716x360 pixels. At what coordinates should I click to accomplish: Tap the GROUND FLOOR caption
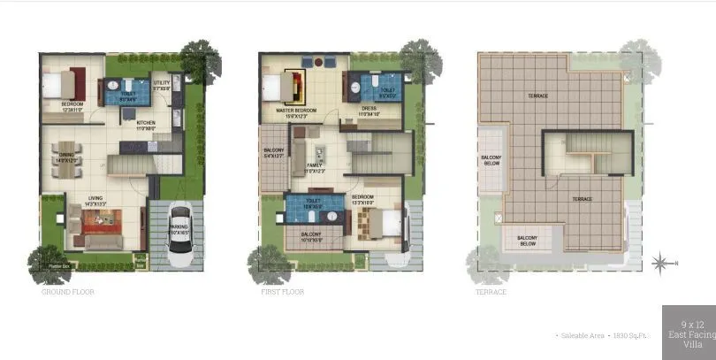(68, 291)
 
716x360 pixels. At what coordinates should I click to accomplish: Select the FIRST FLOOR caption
(282, 291)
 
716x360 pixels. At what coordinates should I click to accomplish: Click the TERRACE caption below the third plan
(492, 291)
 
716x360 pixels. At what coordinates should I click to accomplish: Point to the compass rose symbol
(660, 262)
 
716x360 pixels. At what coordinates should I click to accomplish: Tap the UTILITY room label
(161, 84)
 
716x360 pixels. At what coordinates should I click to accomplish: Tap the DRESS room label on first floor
(368, 110)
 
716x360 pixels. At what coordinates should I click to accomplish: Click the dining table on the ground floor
(64, 161)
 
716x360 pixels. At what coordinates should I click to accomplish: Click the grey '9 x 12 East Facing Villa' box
(689, 332)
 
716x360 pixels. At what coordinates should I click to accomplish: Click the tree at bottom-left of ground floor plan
(48, 262)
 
